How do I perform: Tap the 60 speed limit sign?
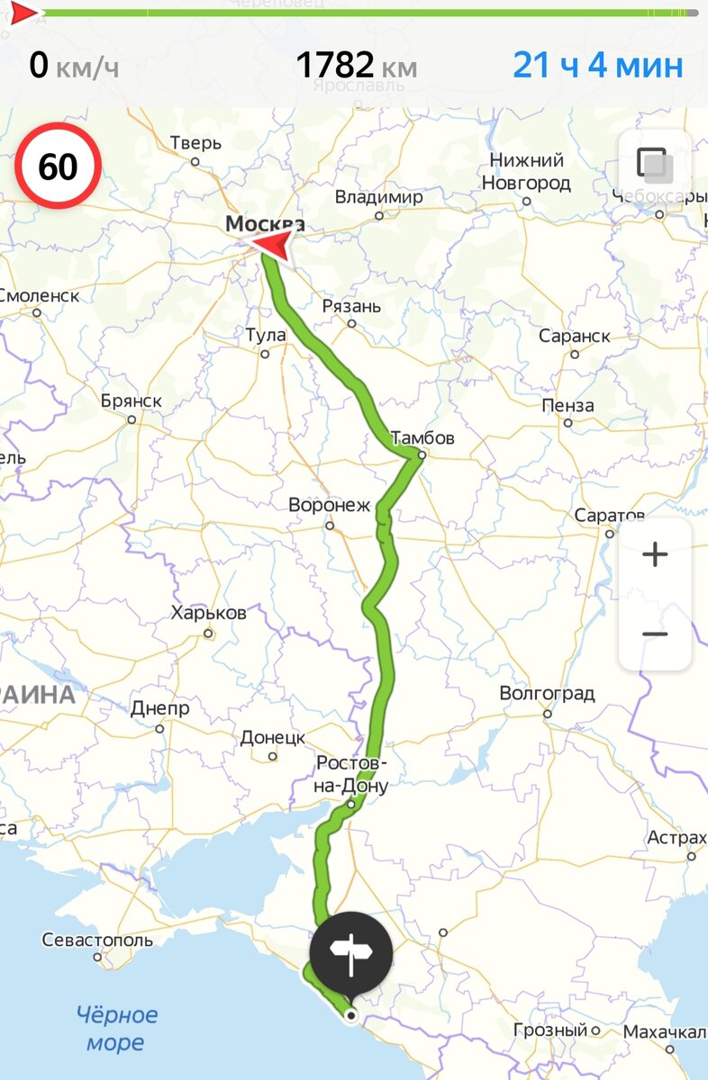click(x=58, y=167)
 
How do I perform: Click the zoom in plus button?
click(x=655, y=554)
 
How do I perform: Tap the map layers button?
click(x=655, y=166)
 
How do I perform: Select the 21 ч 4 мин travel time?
click(x=597, y=66)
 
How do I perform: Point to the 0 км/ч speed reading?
click(x=73, y=66)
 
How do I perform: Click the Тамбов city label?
click(x=422, y=438)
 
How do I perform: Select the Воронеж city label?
click(x=329, y=505)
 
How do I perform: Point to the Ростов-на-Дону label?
click(x=352, y=774)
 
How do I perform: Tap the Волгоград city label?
click(x=548, y=694)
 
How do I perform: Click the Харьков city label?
click(x=208, y=613)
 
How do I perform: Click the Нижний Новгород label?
click(x=527, y=172)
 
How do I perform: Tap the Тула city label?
click(x=266, y=336)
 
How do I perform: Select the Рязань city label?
click(x=351, y=306)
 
